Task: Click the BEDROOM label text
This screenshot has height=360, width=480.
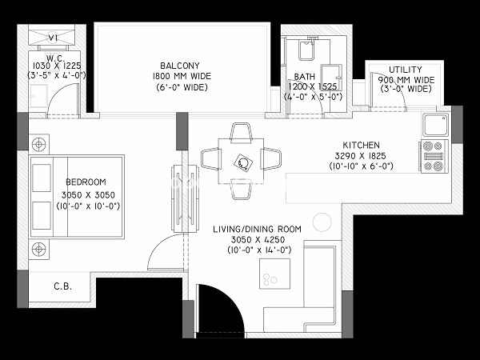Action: [86, 182]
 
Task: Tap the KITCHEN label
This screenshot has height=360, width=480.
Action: [361, 145]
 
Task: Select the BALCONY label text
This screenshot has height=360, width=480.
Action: [180, 66]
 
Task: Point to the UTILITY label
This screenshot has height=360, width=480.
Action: [406, 70]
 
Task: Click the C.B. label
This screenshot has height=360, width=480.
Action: [62, 286]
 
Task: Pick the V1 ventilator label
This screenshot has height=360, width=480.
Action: [54, 38]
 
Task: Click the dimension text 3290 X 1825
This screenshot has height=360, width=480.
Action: [360, 156]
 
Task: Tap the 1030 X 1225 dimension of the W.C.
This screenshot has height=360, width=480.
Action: [57, 66]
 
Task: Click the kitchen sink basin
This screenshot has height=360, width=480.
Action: [436, 124]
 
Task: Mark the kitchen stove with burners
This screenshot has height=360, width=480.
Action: [434, 157]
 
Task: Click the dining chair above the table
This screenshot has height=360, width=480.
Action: [241, 133]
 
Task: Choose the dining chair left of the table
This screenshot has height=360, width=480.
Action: [211, 158]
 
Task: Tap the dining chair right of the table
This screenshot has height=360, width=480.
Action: [270, 158]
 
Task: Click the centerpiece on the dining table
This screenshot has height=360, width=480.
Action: [243, 162]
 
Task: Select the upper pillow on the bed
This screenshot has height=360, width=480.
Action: [42, 178]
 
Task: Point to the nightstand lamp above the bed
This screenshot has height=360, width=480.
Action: [39, 144]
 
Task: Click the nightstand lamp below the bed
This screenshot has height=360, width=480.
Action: [39, 249]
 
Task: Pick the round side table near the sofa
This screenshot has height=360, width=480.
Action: [322, 222]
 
